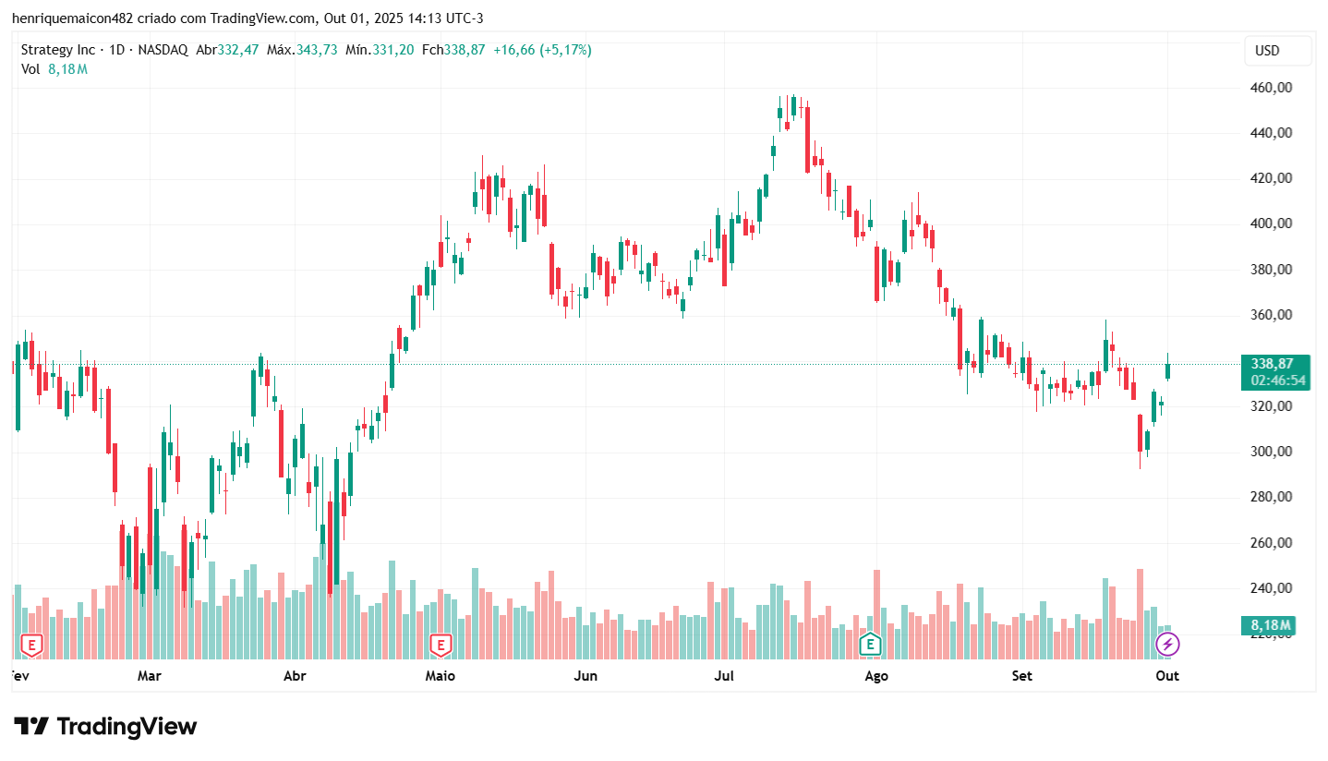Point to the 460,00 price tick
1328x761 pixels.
point(1270,88)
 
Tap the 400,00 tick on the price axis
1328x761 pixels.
point(1270,223)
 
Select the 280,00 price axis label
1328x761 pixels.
point(1270,497)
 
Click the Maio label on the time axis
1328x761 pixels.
point(440,676)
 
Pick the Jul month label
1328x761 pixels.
point(724,676)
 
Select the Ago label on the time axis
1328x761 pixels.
point(875,676)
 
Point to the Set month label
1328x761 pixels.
point(1021,676)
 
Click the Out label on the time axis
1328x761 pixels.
point(1167,676)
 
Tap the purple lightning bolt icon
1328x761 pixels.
point(1167,645)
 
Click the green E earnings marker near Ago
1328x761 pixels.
point(869,645)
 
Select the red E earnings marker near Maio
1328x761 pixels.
point(441,645)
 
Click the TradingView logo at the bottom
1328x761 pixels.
point(105,727)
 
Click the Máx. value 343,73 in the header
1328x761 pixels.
point(317,50)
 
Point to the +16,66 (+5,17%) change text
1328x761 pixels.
point(542,50)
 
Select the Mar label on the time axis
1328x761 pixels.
point(149,676)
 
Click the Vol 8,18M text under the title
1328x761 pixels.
point(54,68)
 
